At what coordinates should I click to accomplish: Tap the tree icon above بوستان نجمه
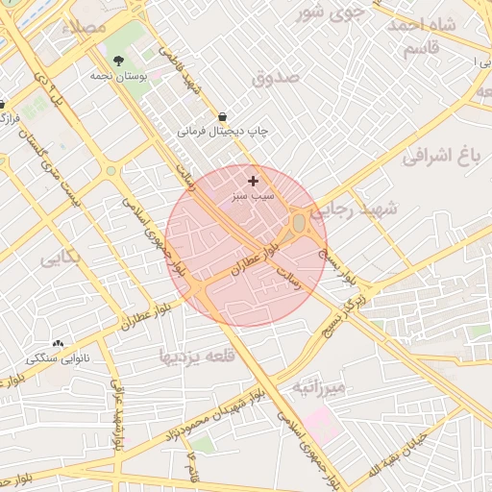click(118, 61)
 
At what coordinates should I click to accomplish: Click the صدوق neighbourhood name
click(276, 77)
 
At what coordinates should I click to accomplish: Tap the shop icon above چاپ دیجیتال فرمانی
click(223, 112)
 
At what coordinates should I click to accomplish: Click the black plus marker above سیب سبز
click(253, 181)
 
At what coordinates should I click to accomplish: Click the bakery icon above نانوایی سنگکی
click(58, 343)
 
